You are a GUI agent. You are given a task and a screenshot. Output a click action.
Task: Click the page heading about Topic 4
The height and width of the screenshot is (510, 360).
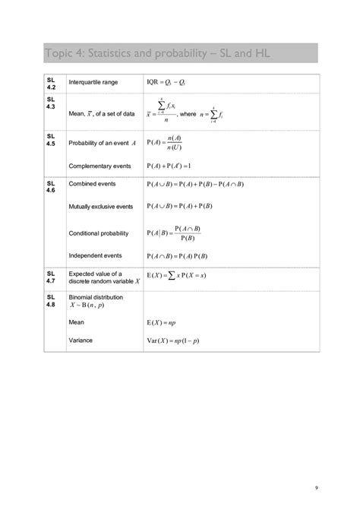156,54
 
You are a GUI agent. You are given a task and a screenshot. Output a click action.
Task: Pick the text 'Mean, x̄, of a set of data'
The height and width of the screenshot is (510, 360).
101,114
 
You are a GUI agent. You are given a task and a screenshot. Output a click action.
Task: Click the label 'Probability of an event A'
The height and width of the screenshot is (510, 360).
102,143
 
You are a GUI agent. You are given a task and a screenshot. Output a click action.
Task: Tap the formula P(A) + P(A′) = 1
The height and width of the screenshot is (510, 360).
180,165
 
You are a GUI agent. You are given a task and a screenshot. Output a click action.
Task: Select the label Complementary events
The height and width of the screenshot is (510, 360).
99,165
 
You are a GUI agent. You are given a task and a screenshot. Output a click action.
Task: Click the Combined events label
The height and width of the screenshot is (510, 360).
92,184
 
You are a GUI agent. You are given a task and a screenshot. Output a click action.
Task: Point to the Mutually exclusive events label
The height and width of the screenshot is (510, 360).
101,206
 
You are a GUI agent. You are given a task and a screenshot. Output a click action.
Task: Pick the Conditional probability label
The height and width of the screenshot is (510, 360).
99,233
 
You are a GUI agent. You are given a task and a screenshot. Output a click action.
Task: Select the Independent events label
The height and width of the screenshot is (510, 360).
96,255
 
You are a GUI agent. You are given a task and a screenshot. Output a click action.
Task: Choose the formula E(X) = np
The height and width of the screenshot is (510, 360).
162,322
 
